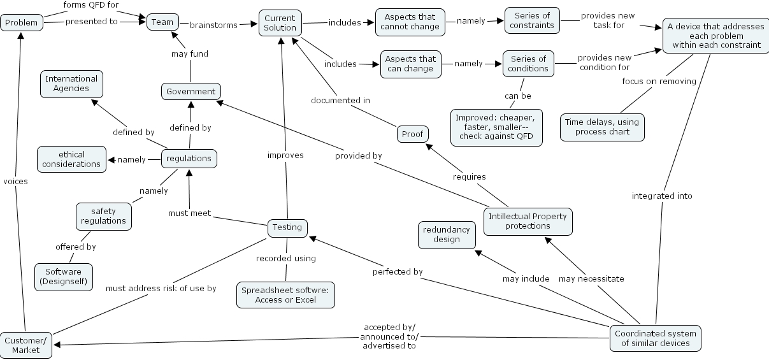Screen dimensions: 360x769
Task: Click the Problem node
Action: pos(22,23)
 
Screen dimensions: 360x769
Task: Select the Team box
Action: pos(162,22)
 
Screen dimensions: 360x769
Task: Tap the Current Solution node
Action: pos(280,22)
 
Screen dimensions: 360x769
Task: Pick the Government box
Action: pos(190,91)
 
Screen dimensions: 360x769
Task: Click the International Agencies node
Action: pos(71,83)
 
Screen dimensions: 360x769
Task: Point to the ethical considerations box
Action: pos(71,159)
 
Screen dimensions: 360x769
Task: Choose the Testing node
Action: pos(287,227)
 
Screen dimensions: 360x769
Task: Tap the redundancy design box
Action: pos(447,234)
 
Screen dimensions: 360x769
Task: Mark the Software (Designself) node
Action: pos(63,277)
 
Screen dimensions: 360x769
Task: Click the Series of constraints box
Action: pos(532,20)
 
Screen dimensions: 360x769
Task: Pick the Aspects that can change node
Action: pos(411,64)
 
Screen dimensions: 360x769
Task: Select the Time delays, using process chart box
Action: pos(602,127)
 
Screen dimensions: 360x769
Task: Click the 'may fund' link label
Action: pos(190,54)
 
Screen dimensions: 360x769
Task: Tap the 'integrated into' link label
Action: pos(662,196)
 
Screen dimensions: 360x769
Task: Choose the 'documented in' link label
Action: pos(340,100)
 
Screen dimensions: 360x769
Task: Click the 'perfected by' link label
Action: pos(398,272)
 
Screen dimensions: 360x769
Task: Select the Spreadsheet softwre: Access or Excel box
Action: pos(286,295)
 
